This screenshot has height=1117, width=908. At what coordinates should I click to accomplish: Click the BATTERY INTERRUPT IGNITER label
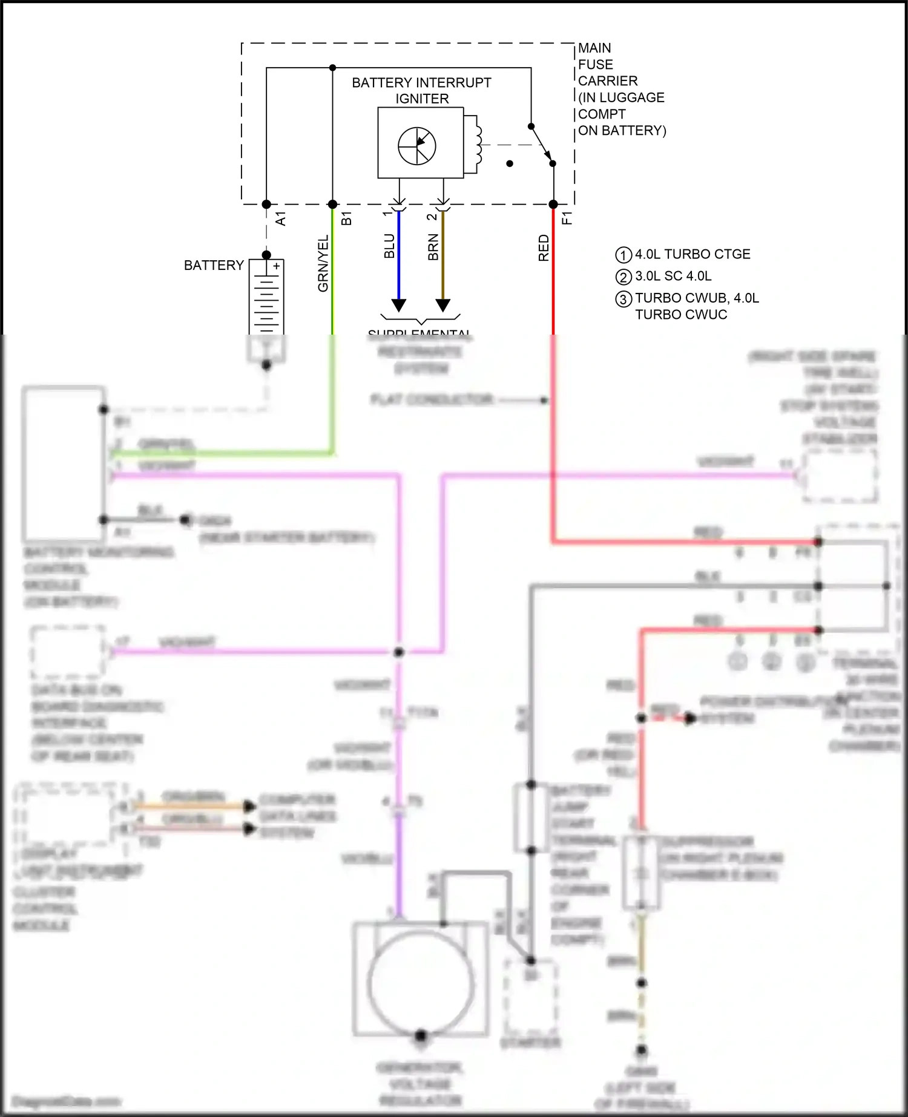click(421, 90)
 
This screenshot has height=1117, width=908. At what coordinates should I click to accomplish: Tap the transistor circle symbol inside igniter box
click(417, 146)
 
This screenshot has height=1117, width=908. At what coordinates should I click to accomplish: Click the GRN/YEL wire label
click(323, 263)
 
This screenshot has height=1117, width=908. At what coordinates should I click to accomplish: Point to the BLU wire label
click(389, 246)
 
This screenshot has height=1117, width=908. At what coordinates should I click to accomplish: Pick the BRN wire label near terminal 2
click(433, 247)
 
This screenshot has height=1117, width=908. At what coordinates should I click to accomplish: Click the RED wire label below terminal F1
click(544, 248)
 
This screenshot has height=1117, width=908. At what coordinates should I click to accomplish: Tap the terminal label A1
click(281, 218)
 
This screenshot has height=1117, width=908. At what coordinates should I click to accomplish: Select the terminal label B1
click(346, 218)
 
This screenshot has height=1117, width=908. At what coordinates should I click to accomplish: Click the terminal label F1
click(567, 218)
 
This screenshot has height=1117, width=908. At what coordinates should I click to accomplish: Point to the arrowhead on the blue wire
click(398, 305)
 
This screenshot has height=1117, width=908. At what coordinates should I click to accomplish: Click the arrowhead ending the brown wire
click(443, 305)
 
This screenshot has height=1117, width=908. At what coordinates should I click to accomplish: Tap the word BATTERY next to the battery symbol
click(214, 265)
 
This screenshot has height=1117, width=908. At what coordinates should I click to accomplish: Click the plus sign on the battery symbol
click(277, 266)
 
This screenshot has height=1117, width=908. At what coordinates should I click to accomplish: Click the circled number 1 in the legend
click(623, 255)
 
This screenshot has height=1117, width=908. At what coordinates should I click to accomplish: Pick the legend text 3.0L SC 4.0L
click(673, 276)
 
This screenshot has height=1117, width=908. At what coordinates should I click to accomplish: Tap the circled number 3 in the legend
click(623, 299)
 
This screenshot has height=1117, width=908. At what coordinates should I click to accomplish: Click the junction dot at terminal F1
click(553, 205)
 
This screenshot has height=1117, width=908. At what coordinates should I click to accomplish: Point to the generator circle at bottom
click(421, 981)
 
